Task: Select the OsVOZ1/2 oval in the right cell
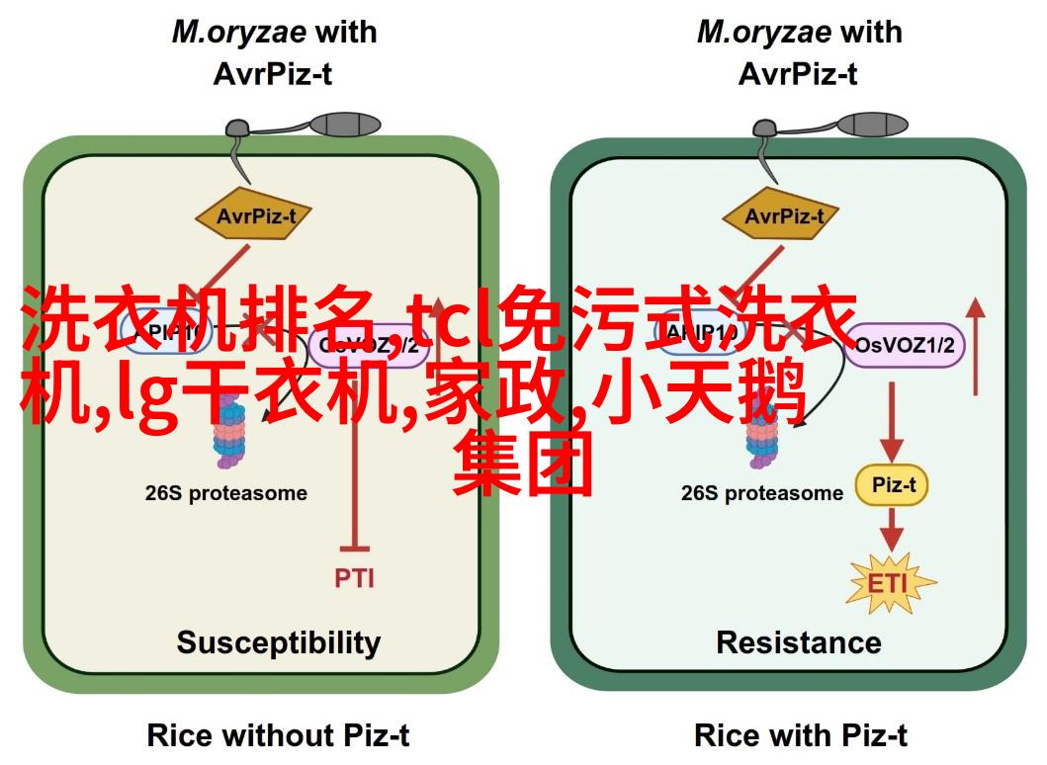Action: (905, 345)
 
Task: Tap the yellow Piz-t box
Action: (893, 485)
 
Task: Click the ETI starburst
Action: (890, 582)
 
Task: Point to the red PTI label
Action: (353, 577)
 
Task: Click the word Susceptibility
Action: (278, 642)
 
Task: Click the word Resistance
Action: (799, 642)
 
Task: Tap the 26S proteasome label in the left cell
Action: (226, 493)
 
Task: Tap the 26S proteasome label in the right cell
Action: (761, 493)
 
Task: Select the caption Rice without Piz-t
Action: (278, 734)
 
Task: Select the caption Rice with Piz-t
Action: (801, 734)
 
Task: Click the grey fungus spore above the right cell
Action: (869, 126)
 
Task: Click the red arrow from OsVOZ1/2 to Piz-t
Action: (893, 420)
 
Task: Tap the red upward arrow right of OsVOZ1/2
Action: (977, 346)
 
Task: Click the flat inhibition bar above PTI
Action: (353, 547)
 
